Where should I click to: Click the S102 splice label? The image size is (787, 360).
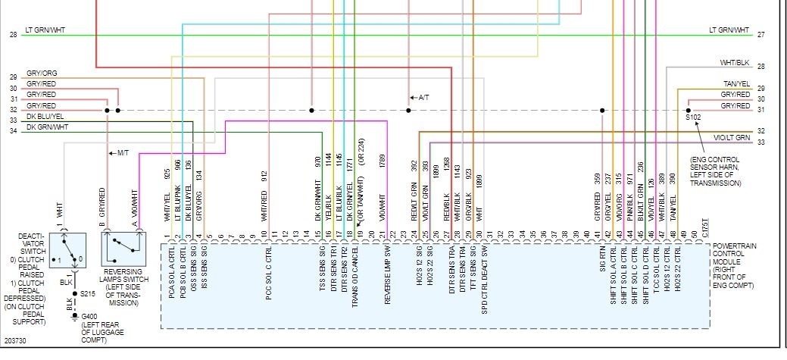click(694, 118)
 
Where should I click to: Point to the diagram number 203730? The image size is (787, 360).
click(15, 342)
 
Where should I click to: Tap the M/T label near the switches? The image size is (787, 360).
click(120, 153)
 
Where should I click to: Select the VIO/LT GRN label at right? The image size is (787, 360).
click(731, 138)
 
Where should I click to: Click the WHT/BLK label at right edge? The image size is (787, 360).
click(735, 63)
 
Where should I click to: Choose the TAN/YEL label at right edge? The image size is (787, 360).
click(735, 84)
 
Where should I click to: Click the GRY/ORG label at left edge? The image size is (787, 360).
click(42, 74)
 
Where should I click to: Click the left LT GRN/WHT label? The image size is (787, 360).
click(45, 30)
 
